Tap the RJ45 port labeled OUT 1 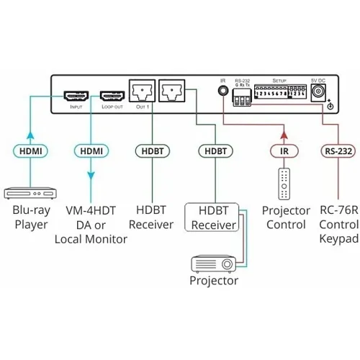pos(141,93)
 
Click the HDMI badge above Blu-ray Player pos(30,151)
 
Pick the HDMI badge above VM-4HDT pos(91,151)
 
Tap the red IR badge pos(285,151)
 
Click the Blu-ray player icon pos(30,192)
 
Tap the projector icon pos(213,264)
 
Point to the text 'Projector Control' pos(286,217)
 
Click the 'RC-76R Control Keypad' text pos(336,225)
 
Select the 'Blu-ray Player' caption pos(30,217)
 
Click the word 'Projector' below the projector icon pos(213,281)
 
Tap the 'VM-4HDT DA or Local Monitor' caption pos(91,225)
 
